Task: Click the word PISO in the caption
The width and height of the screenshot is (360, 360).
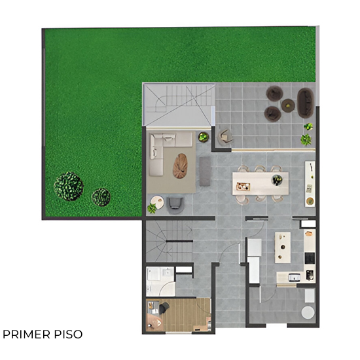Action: pos(69,334)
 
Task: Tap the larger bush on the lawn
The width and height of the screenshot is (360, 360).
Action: pos(69,187)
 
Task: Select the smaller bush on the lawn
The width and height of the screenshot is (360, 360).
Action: pos(101,197)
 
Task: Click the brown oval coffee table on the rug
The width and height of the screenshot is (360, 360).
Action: pos(180,166)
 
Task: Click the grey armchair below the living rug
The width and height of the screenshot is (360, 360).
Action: pos(175,204)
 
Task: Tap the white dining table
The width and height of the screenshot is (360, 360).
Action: pos(261,183)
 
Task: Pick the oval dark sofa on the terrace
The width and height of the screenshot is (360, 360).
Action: pos(306,103)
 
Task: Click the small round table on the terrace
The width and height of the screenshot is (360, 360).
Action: pos(288,105)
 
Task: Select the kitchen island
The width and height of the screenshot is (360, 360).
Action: pos(283,247)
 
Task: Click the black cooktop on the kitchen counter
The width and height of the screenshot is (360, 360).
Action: pos(310,258)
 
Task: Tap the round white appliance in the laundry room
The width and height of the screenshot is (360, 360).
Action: pos(308,312)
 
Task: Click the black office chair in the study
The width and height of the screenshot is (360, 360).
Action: pos(164,308)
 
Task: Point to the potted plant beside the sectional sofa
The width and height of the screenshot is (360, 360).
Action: pos(204,137)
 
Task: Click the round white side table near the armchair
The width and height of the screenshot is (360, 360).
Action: pos(158,202)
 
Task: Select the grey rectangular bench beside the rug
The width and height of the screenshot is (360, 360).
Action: pos(205,171)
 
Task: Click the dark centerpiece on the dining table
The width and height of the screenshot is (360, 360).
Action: pos(277,180)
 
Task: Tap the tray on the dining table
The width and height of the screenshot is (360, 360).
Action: pos(243,186)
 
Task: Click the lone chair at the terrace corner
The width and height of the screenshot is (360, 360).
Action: pos(226,137)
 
